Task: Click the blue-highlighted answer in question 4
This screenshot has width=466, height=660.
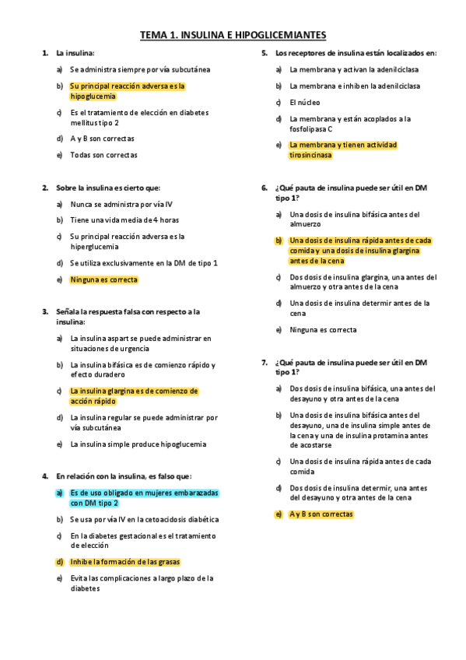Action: pos(144,497)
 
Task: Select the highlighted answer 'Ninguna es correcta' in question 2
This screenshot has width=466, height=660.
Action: pos(103,279)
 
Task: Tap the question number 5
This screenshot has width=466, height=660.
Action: pos(264,53)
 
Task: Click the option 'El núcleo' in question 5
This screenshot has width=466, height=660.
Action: pos(304,102)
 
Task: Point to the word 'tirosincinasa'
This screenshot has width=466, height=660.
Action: pos(310,155)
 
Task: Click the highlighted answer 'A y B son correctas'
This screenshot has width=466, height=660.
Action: pos(321,514)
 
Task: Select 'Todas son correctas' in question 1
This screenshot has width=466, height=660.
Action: pos(103,155)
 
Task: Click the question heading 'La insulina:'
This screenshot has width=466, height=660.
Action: pos(75,53)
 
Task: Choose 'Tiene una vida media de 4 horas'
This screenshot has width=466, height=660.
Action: pos(124,219)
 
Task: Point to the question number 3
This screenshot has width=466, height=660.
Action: pos(44,311)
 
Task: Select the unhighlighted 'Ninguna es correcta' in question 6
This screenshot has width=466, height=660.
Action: pos(323,329)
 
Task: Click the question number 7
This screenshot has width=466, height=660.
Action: pos(264,363)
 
